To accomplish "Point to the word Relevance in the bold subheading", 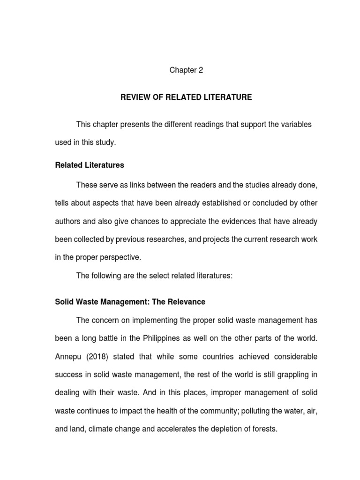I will tap(187, 302).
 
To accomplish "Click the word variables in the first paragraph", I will tap(296, 125).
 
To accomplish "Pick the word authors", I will tap(68, 221).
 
